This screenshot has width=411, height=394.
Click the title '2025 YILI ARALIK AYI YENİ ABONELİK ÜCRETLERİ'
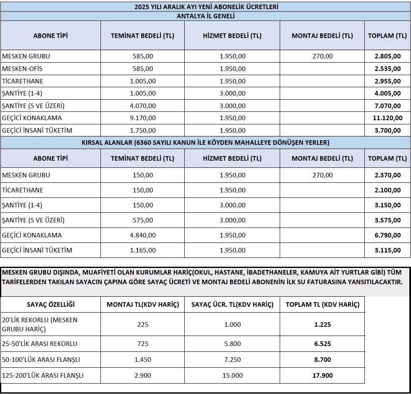(x=206, y=7)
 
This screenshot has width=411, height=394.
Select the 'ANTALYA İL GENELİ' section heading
(x=206, y=16)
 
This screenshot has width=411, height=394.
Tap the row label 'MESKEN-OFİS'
(x=23, y=68)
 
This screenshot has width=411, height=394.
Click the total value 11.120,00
(x=387, y=118)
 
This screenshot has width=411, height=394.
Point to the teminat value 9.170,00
(x=143, y=118)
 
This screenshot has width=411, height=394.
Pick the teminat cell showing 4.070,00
(x=143, y=106)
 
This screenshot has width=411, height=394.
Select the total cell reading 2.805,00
(x=387, y=56)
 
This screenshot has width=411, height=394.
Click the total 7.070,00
(x=387, y=106)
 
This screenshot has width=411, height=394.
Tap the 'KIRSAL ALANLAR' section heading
(x=206, y=143)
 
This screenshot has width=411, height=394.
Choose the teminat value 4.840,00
(x=143, y=235)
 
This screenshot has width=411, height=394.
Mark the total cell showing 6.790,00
(x=387, y=235)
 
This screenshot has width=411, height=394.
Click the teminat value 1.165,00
(x=143, y=250)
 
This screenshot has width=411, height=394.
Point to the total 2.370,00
(x=387, y=175)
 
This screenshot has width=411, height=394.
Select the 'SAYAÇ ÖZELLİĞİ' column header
(x=51, y=305)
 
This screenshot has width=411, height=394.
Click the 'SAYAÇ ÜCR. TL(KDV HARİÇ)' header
(x=232, y=305)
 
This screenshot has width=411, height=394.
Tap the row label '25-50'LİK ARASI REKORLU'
(x=40, y=343)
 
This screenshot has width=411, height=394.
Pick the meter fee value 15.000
(x=232, y=375)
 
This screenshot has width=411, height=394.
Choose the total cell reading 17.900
(x=322, y=375)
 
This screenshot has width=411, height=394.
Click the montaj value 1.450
(x=143, y=359)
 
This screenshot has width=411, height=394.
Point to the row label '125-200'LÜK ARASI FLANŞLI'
(x=43, y=375)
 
